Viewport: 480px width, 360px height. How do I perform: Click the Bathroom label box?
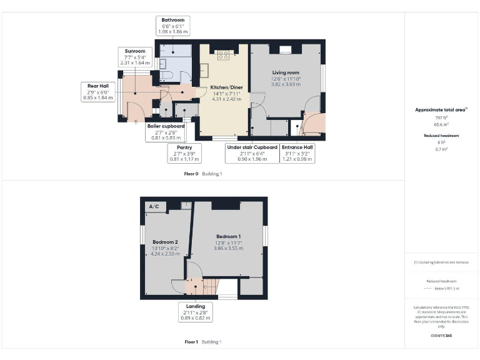(172, 26)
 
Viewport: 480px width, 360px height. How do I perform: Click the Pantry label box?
(183, 153)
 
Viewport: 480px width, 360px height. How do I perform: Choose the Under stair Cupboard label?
(252, 153)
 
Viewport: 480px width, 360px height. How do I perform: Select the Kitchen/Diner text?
(226, 87)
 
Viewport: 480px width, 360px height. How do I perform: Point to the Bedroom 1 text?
(229, 236)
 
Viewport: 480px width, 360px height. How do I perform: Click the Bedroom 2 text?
(166, 242)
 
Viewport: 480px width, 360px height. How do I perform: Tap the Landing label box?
(194, 312)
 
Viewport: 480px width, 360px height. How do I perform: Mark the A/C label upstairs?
(154, 206)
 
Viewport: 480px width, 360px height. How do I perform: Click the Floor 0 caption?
(191, 173)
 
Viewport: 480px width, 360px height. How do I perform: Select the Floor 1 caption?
(191, 342)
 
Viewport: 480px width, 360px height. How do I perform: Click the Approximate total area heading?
(441, 109)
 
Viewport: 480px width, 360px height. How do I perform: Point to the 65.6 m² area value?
(442, 124)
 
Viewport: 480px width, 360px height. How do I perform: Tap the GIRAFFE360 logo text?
(442, 336)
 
